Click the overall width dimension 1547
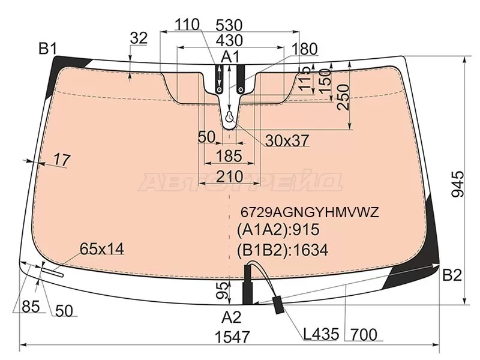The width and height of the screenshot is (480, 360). (233, 337)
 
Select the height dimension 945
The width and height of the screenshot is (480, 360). (458, 184)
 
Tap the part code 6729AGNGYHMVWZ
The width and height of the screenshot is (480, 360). (310, 212)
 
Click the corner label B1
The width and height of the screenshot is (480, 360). (48, 49)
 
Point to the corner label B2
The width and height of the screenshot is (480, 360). (452, 275)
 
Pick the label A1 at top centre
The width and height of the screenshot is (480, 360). (230, 56)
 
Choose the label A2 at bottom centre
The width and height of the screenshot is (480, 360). (232, 317)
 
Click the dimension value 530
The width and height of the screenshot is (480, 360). (229, 25)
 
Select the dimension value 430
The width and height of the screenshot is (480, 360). (230, 40)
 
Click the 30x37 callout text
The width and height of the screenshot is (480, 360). (287, 140)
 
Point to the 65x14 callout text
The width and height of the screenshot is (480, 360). (102, 248)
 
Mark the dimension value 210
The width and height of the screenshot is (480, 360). (230, 176)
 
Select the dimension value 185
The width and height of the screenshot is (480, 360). (229, 156)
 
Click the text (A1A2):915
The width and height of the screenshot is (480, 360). (278, 230)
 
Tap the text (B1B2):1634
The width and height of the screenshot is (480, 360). (282, 250)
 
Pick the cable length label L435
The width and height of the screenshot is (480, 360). (321, 334)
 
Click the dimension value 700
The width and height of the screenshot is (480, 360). (364, 335)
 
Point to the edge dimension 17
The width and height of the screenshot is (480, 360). (62, 160)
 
